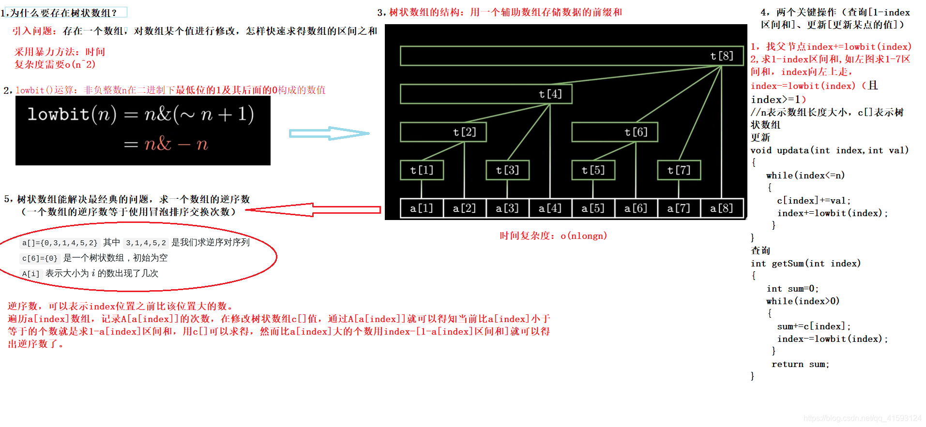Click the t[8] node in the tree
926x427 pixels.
pos(721,56)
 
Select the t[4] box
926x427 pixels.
pos(550,94)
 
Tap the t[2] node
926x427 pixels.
pos(464,132)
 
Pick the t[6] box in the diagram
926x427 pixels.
pos(636,132)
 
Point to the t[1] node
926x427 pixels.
pos(422,170)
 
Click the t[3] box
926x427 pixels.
pos(507,170)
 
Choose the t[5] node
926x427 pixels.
pos(593,170)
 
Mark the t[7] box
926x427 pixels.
pos(679,170)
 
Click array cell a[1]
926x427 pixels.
pos(422,208)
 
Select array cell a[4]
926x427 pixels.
pos(550,208)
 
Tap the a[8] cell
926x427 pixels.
pos(721,208)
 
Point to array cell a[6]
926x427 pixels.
pos(636,208)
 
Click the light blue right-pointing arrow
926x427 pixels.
pos(329,133)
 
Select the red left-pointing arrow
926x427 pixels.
pos(313,210)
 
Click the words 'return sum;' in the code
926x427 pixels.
pos(800,365)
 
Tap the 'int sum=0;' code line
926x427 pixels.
pos(792,289)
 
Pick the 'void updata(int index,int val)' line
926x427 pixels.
pos(829,150)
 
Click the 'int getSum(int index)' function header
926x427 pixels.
pos(805,264)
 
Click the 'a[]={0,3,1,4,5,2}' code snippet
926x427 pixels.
pos(60,243)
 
